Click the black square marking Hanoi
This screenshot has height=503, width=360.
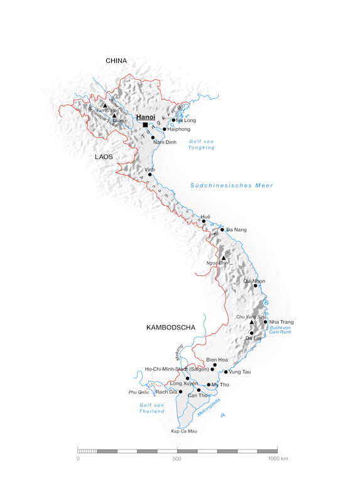(x=145, y=124)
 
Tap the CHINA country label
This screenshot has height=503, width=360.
(x=116, y=61)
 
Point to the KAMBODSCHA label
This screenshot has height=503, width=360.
(x=171, y=328)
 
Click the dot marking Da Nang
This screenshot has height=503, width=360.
(x=222, y=229)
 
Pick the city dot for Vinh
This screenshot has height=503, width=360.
(x=150, y=175)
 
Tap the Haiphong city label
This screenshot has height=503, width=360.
(x=179, y=129)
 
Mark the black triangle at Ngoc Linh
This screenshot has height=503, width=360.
(x=223, y=257)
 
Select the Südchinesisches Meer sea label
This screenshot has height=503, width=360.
(x=232, y=185)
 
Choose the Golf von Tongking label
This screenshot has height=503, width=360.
(x=202, y=145)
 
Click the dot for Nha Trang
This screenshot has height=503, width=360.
(x=265, y=322)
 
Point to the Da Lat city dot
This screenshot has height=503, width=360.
(x=251, y=333)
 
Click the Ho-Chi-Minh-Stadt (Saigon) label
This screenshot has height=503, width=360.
(x=177, y=369)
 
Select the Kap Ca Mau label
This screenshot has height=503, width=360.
(x=183, y=431)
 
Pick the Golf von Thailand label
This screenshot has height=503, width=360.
(x=152, y=408)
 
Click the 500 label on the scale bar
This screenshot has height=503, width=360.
(x=177, y=459)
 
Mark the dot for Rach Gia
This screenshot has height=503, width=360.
(x=180, y=392)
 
